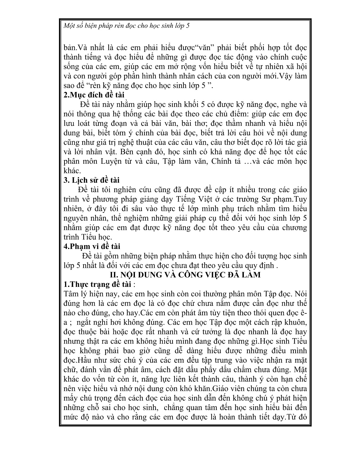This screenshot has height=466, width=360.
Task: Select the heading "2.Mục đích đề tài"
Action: [94, 95]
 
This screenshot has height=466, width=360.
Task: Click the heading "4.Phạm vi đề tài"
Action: [92, 246]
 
